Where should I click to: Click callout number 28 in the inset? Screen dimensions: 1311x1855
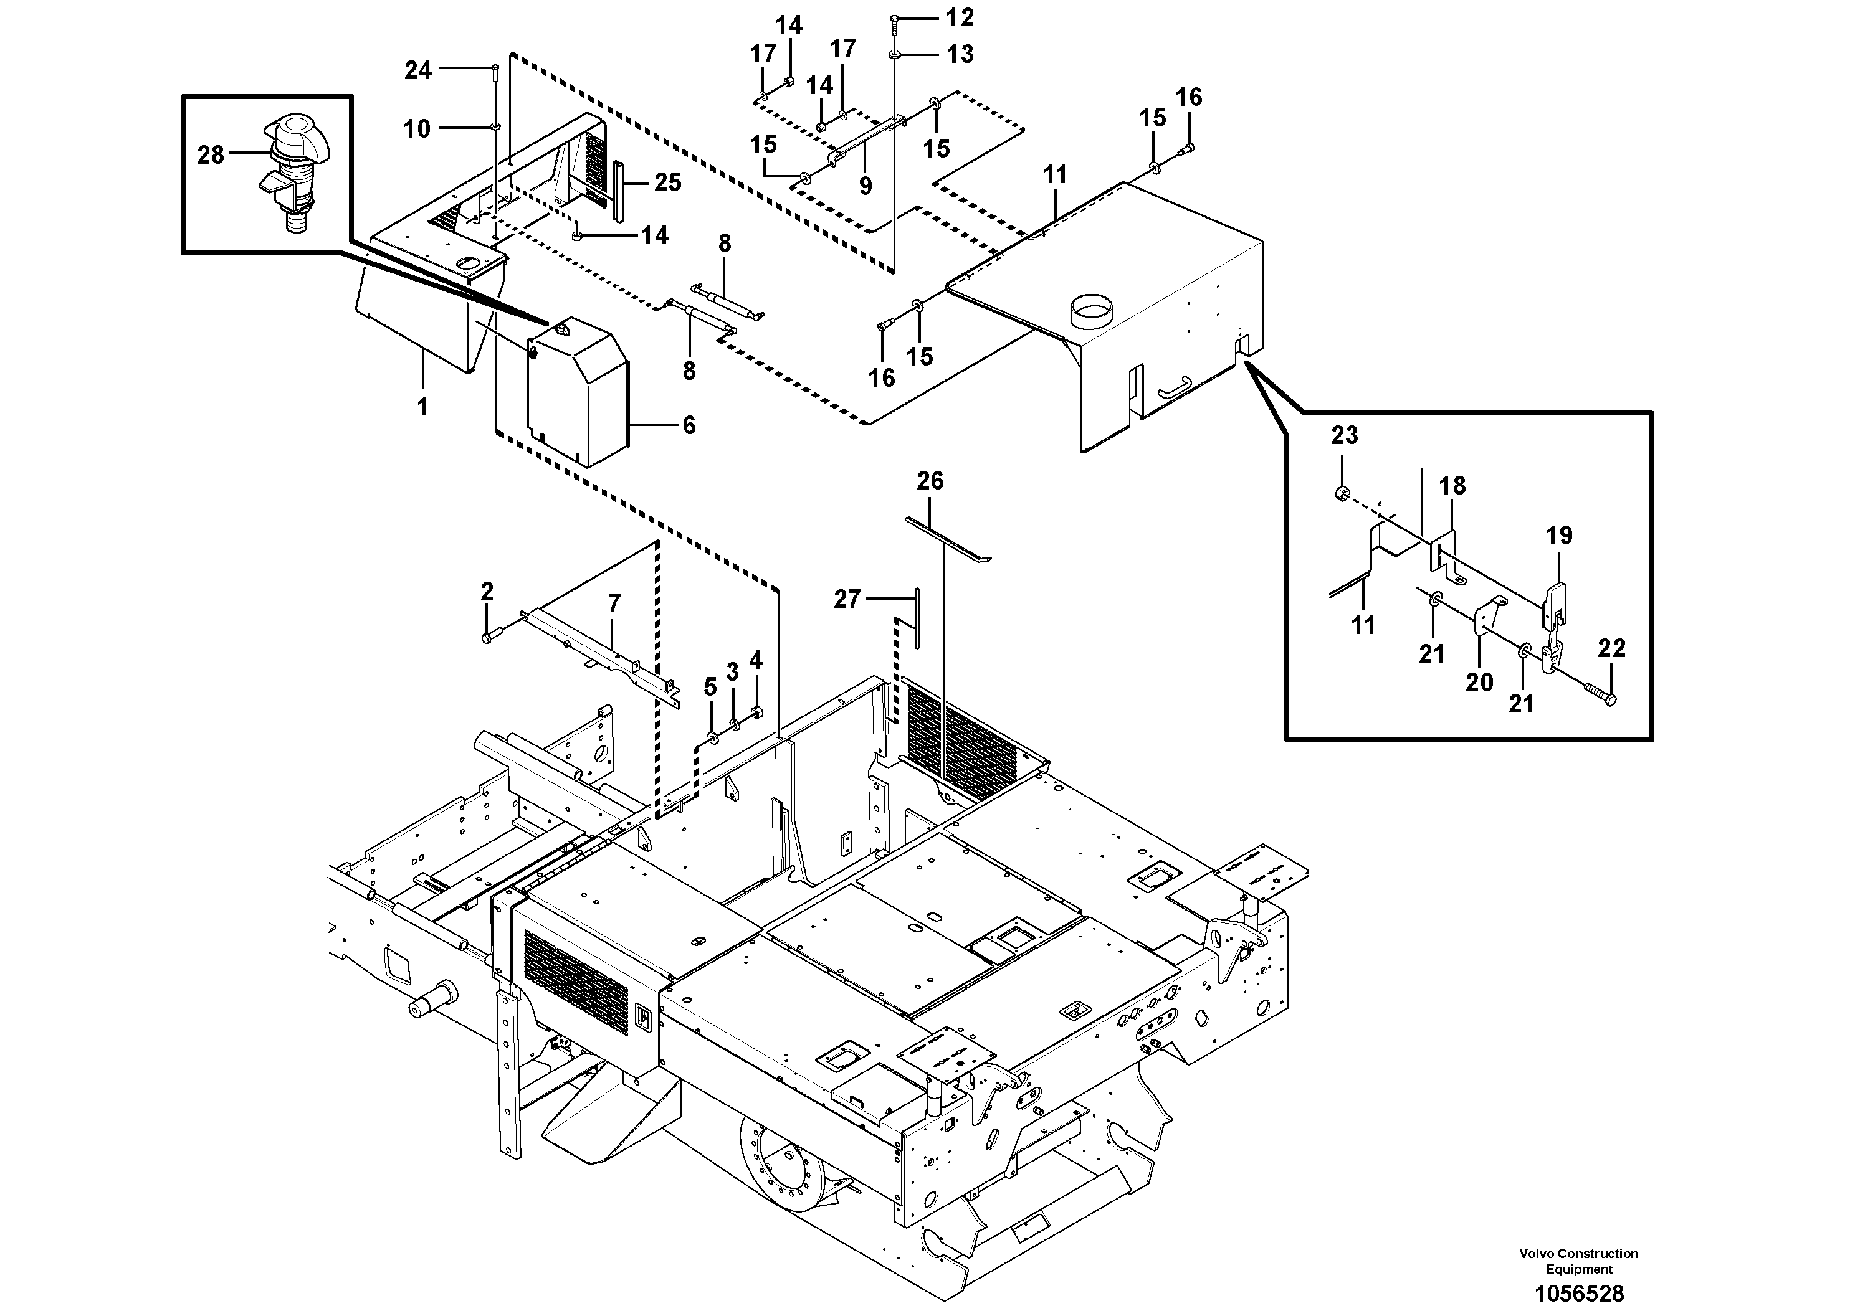click(210, 154)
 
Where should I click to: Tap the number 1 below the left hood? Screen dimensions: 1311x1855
click(422, 406)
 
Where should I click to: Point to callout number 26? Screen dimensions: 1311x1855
click(930, 481)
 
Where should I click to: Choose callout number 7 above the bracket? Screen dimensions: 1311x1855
click(614, 603)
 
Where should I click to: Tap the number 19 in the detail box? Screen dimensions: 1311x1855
click(1559, 536)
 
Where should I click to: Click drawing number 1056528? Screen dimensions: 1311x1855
click(1579, 1293)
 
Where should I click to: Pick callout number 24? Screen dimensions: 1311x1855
click(417, 71)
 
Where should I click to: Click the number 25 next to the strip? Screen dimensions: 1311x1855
click(667, 182)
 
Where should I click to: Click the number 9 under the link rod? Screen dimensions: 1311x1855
click(866, 187)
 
